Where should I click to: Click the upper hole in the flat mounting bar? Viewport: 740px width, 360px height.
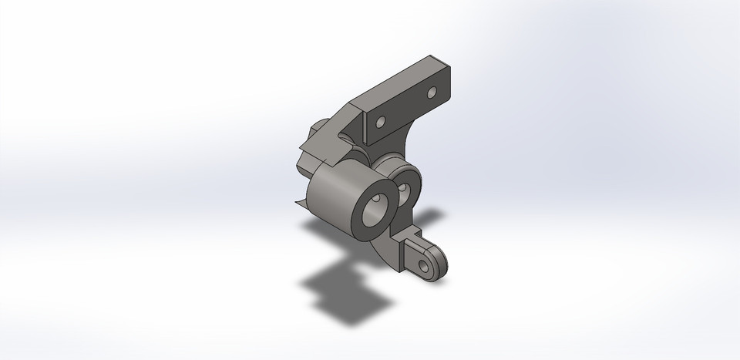tap(432, 93)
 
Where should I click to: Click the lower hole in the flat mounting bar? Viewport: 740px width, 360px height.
tap(379, 122)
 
